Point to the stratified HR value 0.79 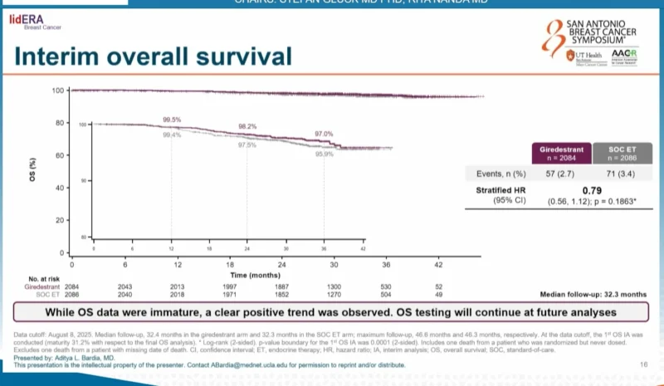coord(589,189)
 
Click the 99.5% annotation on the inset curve coord(172,120)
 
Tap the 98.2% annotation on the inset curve coord(247,126)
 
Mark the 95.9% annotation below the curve coord(324,154)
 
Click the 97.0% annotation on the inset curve coord(324,134)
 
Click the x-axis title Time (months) coord(254,273)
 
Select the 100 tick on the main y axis coord(58,90)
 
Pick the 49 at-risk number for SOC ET coord(437,294)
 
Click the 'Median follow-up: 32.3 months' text coord(593,294)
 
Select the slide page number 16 coord(643,364)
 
